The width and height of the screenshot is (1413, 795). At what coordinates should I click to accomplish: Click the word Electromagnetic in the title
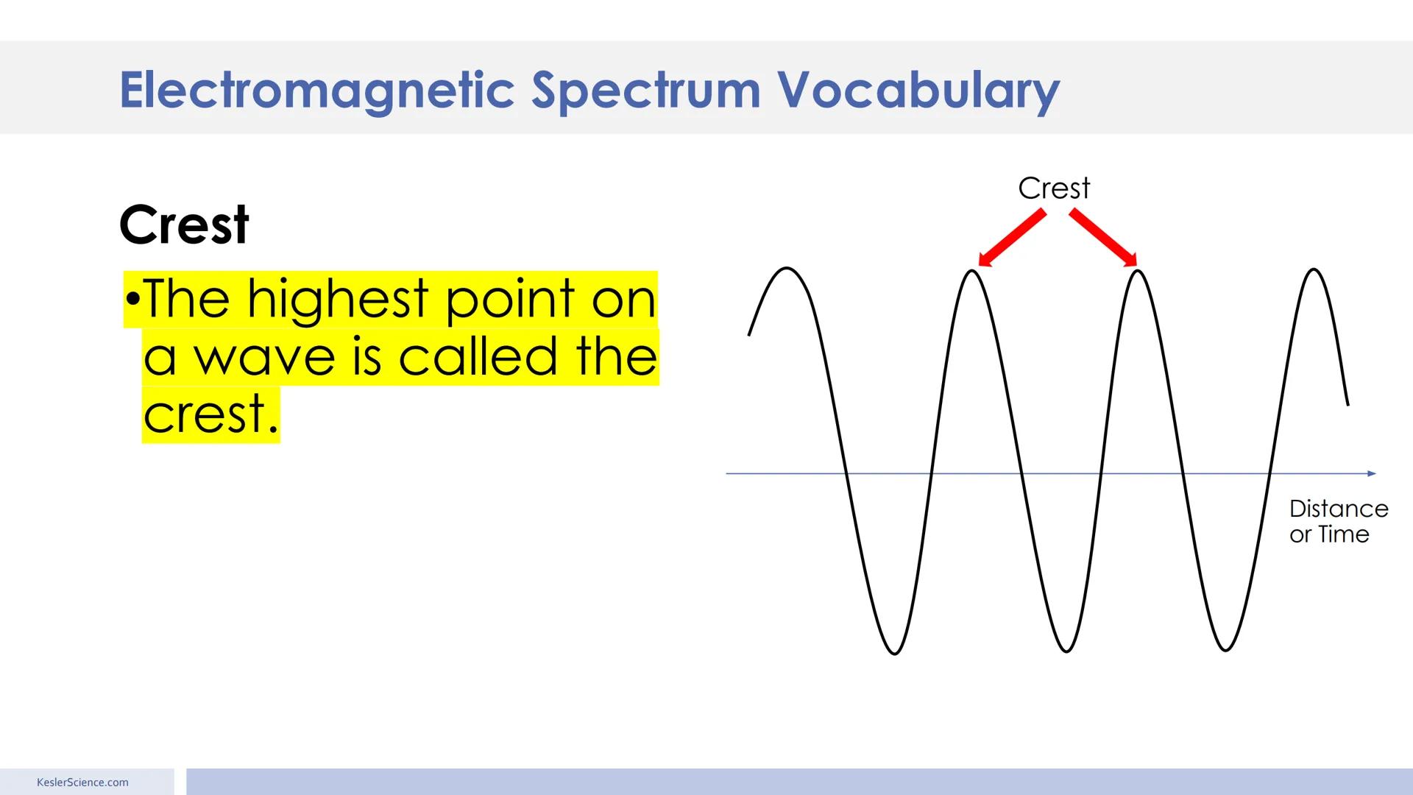point(316,91)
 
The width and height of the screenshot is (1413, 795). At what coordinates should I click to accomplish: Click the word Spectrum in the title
point(645,91)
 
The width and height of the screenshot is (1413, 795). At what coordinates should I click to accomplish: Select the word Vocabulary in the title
point(918,91)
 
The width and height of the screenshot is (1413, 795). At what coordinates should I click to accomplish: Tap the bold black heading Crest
point(184,225)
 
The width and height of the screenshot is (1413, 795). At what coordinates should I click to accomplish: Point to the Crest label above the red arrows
point(1054,188)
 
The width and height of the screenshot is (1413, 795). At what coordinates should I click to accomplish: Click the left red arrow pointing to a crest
point(1013,237)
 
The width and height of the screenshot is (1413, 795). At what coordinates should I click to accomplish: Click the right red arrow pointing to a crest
point(1103,237)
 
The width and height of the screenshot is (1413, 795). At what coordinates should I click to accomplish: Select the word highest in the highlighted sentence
point(337,300)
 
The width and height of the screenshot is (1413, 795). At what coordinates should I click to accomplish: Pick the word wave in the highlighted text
point(264,357)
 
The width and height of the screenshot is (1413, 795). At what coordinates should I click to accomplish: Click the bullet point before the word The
point(132,300)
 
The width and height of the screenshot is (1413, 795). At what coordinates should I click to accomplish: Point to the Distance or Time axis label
point(1338,521)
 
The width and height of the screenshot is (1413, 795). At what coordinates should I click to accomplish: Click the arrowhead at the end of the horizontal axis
point(1371,473)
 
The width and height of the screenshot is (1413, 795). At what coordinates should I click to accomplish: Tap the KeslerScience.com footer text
point(82,782)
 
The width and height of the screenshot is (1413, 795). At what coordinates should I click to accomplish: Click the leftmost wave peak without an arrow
point(787,269)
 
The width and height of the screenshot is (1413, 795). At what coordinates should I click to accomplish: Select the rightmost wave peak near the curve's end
point(1314,270)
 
